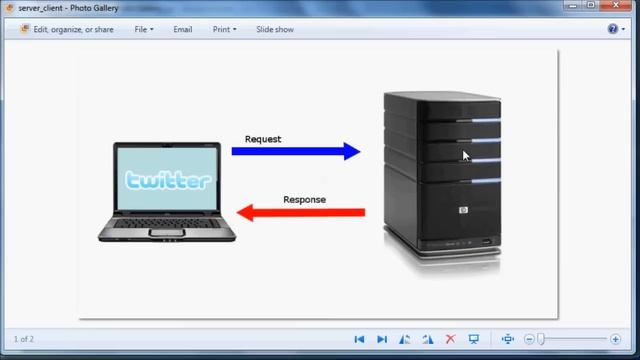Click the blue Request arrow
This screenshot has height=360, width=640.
pos(296,151)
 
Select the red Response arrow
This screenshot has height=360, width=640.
pos(301,213)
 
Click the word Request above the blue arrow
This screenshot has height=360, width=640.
pos(263,139)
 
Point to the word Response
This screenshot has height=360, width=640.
pos(304,200)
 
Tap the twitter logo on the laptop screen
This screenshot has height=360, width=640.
pos(168,180)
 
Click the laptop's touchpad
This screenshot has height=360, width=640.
pos(167,233)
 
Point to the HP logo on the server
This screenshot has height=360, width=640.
pos(463,210)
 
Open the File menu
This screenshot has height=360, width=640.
pos(144,29)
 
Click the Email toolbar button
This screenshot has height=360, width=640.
pos(182,29)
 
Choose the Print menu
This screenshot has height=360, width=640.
pos(224,29)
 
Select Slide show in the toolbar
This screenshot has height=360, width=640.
pos(275,29)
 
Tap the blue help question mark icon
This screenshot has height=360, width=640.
pos(613,29)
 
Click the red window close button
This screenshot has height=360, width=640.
pos(616,5)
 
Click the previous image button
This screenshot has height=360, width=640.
pos(359,339)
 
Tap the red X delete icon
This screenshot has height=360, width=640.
pos(451,339)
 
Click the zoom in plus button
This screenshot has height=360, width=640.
pos(616,339)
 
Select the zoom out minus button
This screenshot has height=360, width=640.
pos(529,339)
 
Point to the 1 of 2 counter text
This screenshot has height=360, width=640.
pos(24,339)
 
